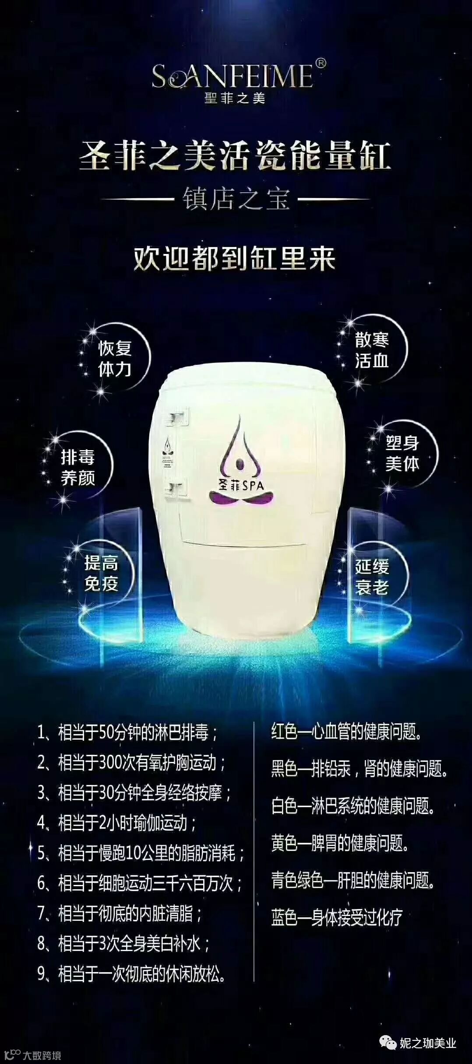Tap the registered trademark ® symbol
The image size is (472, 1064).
click(321, 64)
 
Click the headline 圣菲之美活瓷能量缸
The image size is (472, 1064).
click(235, 157)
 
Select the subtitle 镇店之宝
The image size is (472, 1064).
click(236, 199)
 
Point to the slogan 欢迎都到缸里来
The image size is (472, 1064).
click(235, 259)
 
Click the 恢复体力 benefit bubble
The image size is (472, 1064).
click(115, 359)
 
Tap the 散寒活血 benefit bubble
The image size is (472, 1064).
click(372, 350)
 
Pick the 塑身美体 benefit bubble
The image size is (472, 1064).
click(402, 453)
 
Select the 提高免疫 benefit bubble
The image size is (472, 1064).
click(101, 573)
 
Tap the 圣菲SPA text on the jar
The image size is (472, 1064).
click(241, 485)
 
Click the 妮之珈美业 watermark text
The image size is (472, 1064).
click(428, 1043)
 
